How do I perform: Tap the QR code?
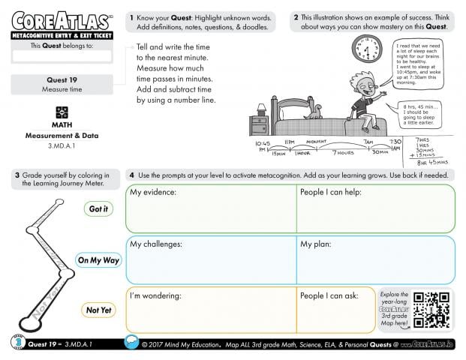[x=431, y=310]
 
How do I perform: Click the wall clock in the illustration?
[x=367, y=50]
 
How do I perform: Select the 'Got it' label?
[x=98, y=209]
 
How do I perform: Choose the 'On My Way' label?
[x=98, y=260]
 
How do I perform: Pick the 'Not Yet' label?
[x=98, y=310]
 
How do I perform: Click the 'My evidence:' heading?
[x=153, y=193]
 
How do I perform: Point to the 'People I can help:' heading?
[x=331, y=193]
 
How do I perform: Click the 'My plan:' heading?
[x=317, y=244]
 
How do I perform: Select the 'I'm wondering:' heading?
[x=156, y=295]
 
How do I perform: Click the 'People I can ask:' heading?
[x=329, y=295]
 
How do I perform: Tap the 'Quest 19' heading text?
[x=62, y=79]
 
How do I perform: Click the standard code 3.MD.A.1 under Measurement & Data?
[x=62, y=145]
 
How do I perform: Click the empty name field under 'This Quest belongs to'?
[x=62, y=55]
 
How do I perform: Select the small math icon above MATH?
[x=62, y=112]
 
